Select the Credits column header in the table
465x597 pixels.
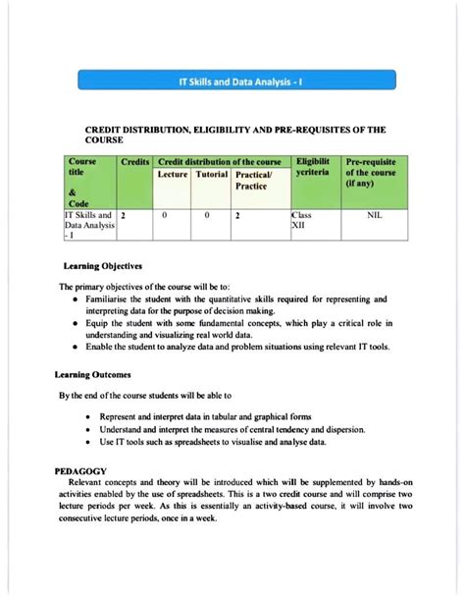134,161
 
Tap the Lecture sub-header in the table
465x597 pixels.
173,175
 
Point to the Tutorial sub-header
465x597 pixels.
210,175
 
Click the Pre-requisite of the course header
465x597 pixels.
371,172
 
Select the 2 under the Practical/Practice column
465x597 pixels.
237,212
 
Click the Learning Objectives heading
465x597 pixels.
103,266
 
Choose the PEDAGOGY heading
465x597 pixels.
86,471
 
